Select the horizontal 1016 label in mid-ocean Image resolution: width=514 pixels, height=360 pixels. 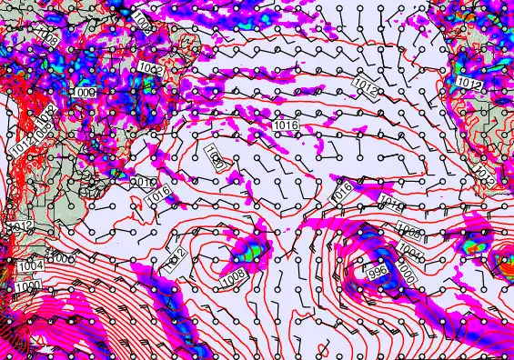[x=285, y=123]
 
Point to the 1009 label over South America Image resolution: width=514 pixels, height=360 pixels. [x=85, y=93]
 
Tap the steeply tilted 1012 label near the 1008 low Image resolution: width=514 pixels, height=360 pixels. [x=178, y=259]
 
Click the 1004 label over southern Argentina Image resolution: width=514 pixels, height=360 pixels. [x=29, y=265]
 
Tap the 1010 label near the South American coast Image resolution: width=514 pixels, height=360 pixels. [x=143, y=183]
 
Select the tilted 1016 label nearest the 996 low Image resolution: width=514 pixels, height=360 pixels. [x=341, y=191]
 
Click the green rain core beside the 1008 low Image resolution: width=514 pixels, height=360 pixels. [x=254, y=248]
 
